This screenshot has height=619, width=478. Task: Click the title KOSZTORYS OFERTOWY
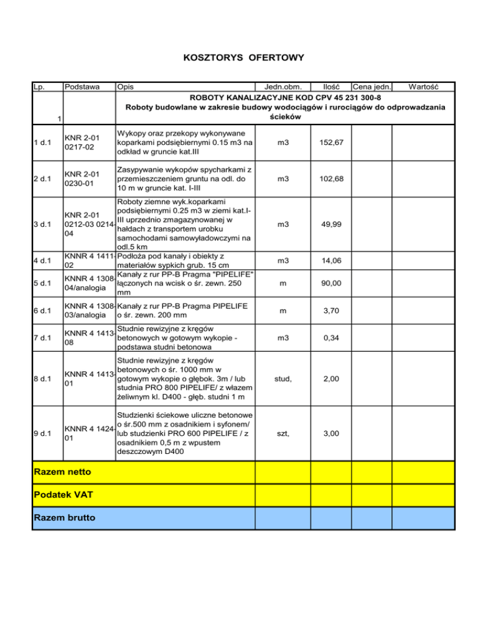[244, 58]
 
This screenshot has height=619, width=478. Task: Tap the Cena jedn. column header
[371, 87]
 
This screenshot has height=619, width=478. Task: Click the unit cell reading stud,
[283, 380]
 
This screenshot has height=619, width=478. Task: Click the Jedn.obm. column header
[284, 87]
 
